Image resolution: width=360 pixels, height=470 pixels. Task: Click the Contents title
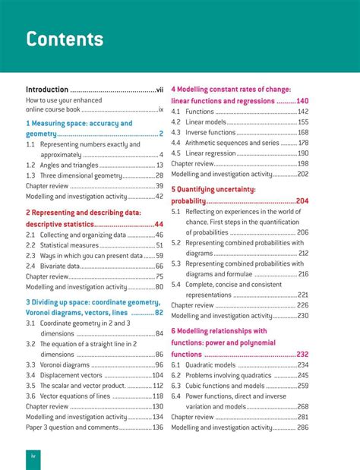[65, 39]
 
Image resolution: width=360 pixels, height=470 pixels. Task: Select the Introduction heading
[47, 89]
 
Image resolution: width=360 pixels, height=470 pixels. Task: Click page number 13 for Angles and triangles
[159, 165]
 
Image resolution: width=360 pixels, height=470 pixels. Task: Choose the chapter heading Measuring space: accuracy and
[79, 123]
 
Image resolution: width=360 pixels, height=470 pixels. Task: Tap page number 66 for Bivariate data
[159, 267]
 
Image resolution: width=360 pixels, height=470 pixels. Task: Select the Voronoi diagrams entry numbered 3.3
[65, 364]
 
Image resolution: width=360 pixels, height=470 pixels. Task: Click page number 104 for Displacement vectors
[157, 375]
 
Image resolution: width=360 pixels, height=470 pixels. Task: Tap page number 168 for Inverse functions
[303, 132]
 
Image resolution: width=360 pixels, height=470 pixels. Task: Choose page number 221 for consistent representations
[302, 295]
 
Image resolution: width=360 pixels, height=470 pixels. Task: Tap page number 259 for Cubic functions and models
[302, 386]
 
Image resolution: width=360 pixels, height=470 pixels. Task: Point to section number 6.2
[175, 375]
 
